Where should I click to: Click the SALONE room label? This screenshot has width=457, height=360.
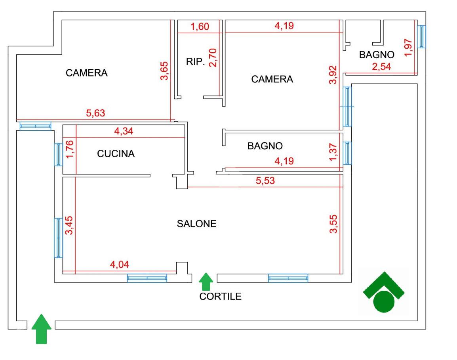pos(196,224)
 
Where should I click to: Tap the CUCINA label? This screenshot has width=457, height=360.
pos(116,154)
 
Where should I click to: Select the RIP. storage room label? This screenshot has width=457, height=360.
pos(195,62)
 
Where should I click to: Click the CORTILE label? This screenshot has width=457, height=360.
pos(220,296)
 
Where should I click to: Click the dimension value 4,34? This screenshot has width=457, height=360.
pos(124,131)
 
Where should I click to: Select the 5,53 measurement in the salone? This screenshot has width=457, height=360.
pos(265,181)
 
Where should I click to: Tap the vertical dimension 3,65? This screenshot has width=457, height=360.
pos(164,71)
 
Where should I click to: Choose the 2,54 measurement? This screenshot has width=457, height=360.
pos(381,67)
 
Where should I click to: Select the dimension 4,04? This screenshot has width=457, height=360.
pos(119,265)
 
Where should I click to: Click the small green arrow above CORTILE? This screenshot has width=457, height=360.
pos(206,282)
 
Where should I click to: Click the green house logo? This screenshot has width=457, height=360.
pos(383,292)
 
